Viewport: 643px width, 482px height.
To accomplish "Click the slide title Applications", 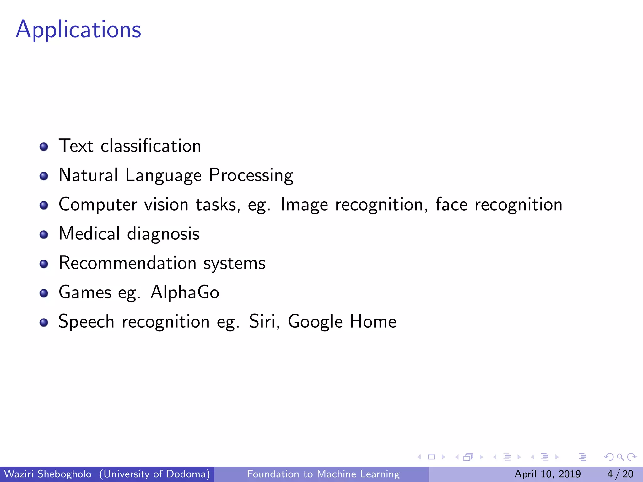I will [x=78, y=29].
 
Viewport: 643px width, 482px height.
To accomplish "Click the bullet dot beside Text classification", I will [x=44, y=147].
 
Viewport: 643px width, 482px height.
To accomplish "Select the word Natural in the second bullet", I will [x=88, y=175].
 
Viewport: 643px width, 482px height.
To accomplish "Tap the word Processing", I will [x=251, y=175].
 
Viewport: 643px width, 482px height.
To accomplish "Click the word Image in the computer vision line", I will [x=304, y=205].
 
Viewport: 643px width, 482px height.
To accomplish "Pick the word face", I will [x=451, y=204].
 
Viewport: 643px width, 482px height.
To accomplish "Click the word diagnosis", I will [x=163, y=234].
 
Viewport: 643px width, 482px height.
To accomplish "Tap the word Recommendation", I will [x=127, y=263].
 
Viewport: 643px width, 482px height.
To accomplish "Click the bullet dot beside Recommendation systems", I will [x=44, y=264].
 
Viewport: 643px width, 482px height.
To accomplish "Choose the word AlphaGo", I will [x=185, y=292].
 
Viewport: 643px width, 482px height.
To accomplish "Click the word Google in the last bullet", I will [x=315, y=322].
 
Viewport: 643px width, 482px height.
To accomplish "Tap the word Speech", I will [x=86, y=322].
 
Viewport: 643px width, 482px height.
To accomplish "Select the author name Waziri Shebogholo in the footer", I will [x=48, y=474].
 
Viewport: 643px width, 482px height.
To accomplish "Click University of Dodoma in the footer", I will [x=154, y=474].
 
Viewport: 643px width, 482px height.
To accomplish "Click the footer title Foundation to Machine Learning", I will [x=323, y=474].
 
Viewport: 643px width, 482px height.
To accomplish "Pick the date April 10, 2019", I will [x=548, y=474].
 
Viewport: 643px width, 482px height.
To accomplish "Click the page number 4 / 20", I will [x=620, y=474].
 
